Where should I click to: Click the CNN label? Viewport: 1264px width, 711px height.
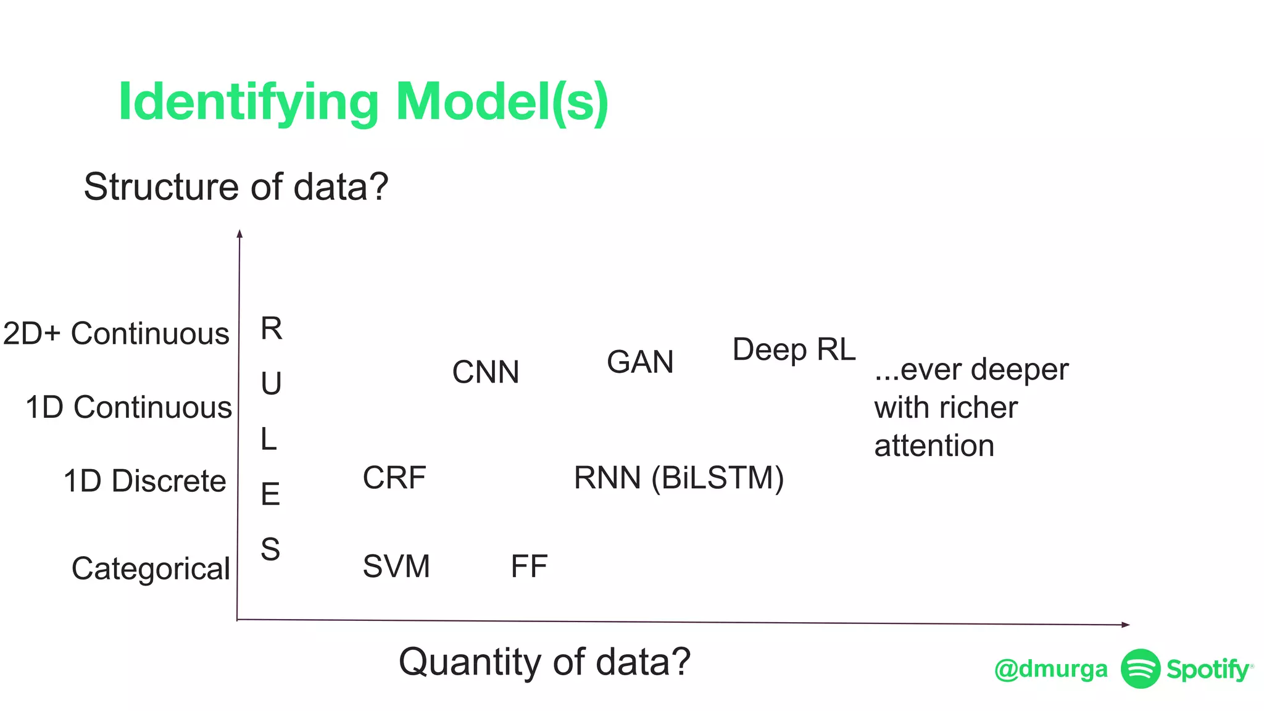(486, 372)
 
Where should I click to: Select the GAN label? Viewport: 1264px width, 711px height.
(640, 362)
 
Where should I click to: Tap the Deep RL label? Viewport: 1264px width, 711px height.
(794, 350)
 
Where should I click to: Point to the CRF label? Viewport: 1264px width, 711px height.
(394, 478)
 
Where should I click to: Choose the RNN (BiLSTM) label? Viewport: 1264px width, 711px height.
(679, 478)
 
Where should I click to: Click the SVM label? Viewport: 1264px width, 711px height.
(396, 566)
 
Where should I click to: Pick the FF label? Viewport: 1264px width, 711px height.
(529, 566)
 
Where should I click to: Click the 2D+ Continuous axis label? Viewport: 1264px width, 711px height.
(116, 333)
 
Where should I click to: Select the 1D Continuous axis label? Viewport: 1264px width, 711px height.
(128, 407)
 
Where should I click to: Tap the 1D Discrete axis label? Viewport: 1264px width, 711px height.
(144, 481)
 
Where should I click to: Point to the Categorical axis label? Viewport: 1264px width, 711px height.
(151, 568)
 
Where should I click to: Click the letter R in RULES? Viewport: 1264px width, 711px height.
(271, 328)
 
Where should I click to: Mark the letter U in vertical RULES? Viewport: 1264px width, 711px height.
(271, 384)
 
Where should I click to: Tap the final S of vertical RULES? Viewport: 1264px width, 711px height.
(270, 549)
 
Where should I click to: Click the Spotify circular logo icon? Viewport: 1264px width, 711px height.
(1140, 668)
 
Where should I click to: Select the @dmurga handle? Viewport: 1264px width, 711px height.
(1050, 669)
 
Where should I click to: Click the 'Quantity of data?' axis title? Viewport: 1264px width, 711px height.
(544, 662)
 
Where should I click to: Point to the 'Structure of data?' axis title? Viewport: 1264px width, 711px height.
(236, 186)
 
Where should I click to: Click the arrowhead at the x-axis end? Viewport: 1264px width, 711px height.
(1125, 625)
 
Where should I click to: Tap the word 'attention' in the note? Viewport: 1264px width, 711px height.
(934, 446)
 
